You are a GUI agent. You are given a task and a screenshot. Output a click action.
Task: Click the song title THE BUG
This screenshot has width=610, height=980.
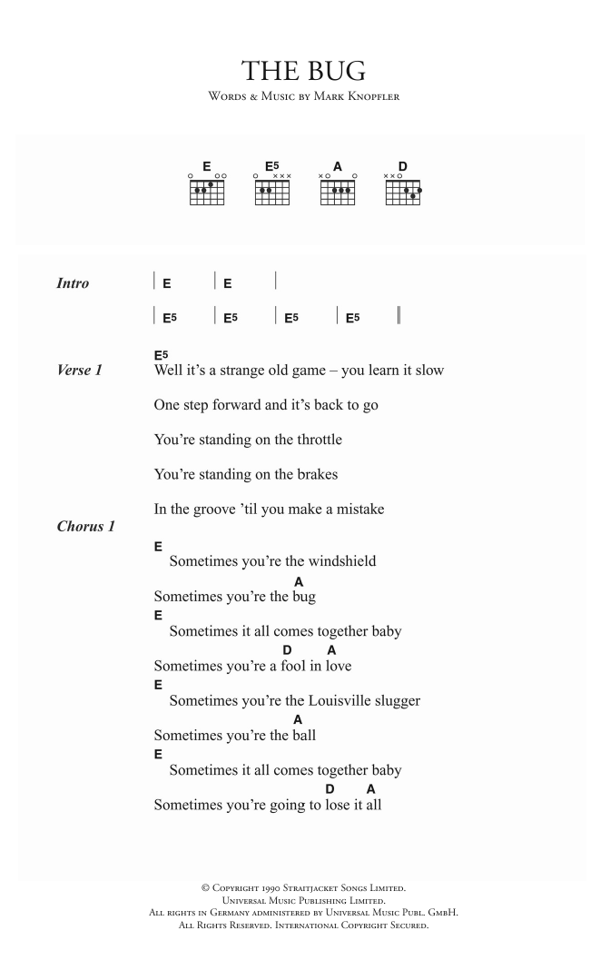pyautogui.click(x=304, y=70)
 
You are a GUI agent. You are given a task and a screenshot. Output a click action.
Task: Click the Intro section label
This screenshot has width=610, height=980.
pyautogui.click(x=73, y=283)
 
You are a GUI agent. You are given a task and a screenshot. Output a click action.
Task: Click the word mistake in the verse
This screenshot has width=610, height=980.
pyautogui.click(x=352, y=510)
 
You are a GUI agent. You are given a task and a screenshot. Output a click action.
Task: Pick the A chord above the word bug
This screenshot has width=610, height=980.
pyautogui.click(x=299, y=580)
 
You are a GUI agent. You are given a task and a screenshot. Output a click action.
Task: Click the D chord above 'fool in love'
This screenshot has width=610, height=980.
pyautogui.click(x=287, y=650)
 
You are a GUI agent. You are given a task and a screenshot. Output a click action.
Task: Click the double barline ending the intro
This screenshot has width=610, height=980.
pyautogui.click(x=399, y=318)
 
